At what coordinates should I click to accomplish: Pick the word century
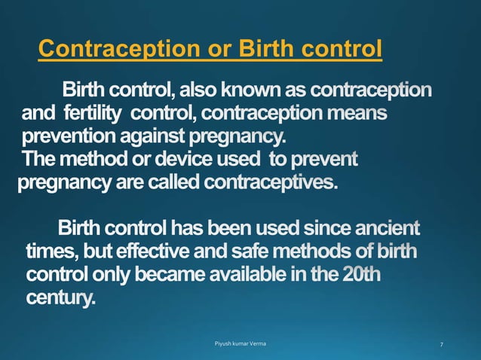pyautogui.click(x=60, y=297)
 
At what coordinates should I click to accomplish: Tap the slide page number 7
pyautogui.click(x=441, y=344)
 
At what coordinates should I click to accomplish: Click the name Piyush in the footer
pyautogui.click(x=225, y=344)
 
